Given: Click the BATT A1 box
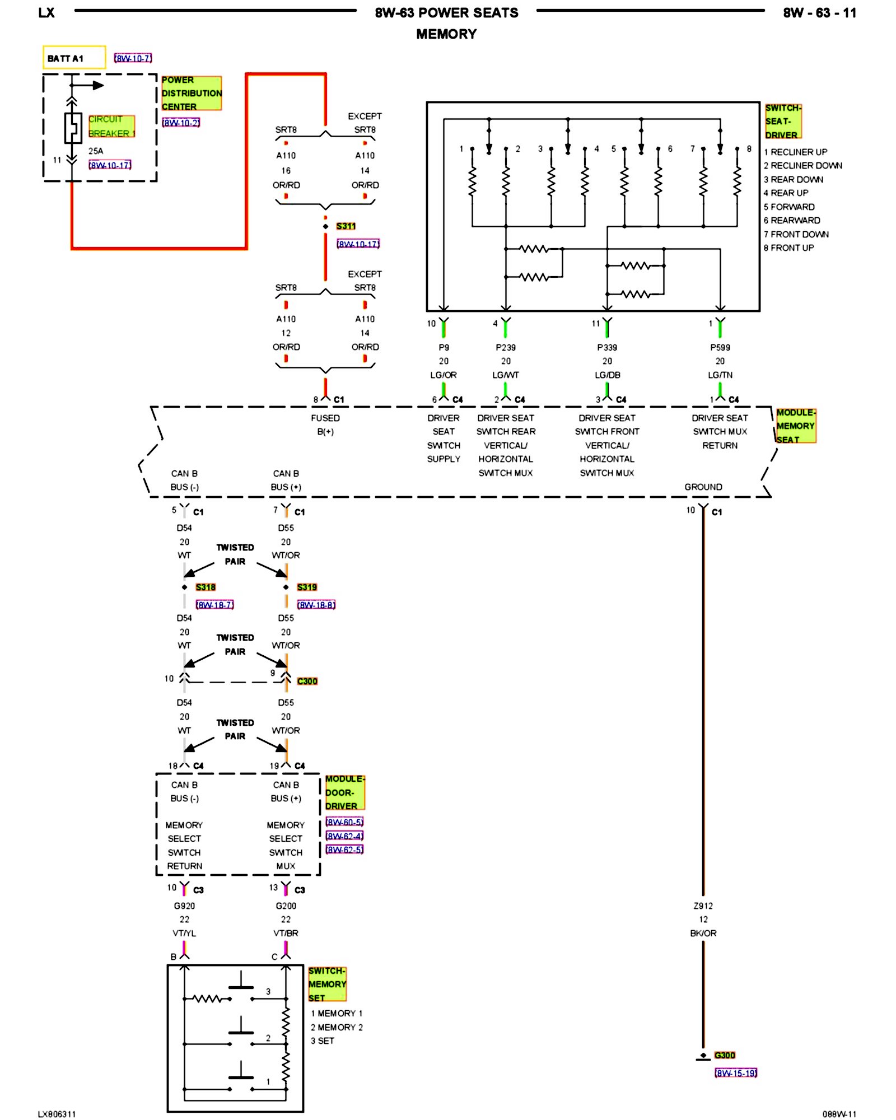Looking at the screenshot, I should (74, 58).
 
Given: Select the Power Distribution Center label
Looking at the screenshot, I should (192, 93).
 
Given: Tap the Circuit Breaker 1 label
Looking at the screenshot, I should (111, 126).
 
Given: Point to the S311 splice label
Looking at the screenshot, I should (346, 226).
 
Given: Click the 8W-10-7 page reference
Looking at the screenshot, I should (133, 58).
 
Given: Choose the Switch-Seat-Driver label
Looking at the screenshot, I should (783, 121).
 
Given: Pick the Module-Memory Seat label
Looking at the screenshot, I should (795, 426).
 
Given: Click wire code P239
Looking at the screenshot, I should (506, 348).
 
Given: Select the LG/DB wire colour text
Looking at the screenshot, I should (607, 375).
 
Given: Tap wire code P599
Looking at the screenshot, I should (720, 348).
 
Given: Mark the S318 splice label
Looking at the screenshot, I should (206, 587).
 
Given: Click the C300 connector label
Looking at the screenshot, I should (307, 681).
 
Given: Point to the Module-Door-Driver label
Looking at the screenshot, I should (344, 792).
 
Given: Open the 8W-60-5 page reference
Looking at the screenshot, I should (344, 822).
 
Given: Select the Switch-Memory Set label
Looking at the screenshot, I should (327, 984).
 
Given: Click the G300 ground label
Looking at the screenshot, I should (725, 1055).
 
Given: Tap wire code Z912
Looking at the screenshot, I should (703, 906).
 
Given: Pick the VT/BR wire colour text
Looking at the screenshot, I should (286, 933).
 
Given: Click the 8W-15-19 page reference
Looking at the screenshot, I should (736, 1073).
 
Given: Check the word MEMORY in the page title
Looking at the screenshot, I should (446, 34).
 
